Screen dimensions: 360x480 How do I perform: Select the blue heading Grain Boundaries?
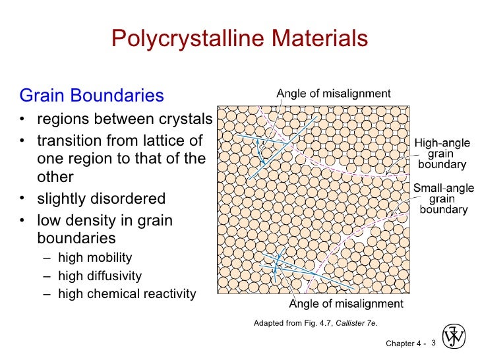(92, 96)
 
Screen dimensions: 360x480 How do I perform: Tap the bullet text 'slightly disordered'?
(101, 198)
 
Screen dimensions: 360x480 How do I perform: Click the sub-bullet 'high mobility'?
(95, 258)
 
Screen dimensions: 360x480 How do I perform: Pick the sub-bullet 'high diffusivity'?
(100, 276)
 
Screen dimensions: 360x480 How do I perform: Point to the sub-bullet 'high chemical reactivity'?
(127, 293)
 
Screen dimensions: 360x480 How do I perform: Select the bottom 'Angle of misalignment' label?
(346, 304)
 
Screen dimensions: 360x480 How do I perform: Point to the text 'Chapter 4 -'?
(405, 343)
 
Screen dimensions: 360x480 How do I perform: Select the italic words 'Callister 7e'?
(356, 322)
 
